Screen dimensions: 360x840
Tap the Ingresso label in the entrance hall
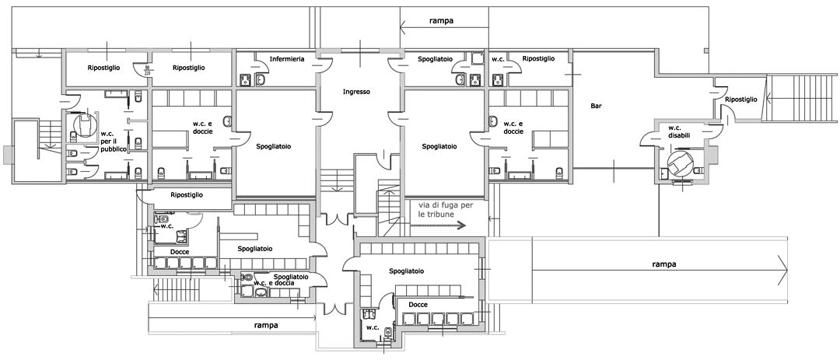click(x=356, y=92)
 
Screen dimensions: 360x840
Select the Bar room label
click(x=597, y=106)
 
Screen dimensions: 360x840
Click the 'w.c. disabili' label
click(x=674, y=131)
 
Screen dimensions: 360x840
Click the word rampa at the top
click(x=441, y=21)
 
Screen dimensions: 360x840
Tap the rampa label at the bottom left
click(x=267, y=324)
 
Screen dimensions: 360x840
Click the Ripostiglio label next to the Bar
click(x=740, y=100)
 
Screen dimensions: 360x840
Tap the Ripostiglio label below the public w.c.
click(x=186, y=194)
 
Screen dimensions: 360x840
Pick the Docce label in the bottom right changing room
click(x=418, y=304)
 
